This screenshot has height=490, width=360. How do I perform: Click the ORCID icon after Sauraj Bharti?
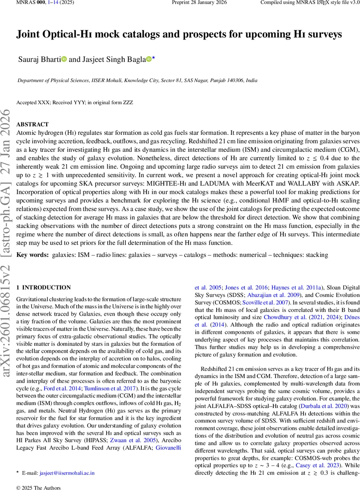click(x=64, y=60)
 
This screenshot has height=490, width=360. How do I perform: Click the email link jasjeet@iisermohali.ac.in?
click(x=67, y=473)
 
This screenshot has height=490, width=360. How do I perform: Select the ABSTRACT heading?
click(x=32, y=125)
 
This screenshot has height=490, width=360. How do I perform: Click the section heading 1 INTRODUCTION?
click(x=46, y=287)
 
